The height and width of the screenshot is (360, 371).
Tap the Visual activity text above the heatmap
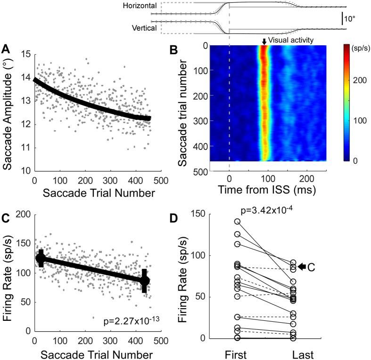coord(291,41)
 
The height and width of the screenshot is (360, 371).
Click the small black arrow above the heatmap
coord(264,42)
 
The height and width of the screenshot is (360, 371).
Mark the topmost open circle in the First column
coord(237,221)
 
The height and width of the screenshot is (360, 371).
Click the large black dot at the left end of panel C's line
coord(41,259)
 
